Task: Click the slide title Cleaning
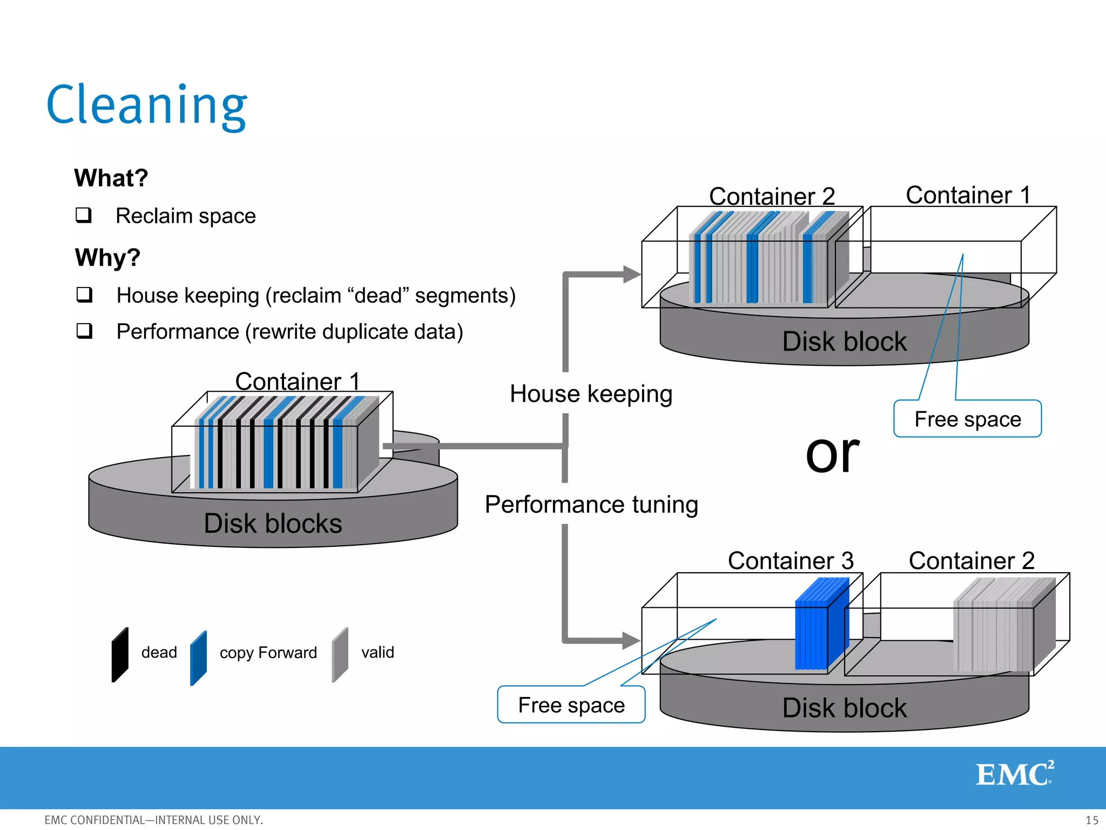point(147,105)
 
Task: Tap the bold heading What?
point(111,178)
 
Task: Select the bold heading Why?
point(108,257)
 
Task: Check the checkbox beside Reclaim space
point(84,215)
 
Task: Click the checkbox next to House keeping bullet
point(84,295)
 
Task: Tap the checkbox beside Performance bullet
point(84,331)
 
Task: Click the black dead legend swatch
point(120,655)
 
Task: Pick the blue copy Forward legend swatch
point(198,658)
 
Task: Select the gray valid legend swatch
point(340,654)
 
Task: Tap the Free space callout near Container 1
point(967,419)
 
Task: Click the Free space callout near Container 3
point(571,705)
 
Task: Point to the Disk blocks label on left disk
point(273,523)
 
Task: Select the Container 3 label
point(790,560)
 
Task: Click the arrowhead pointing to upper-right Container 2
point(631,274)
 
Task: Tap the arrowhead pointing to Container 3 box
point(630,641)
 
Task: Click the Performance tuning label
point(591,504)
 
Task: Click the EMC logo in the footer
point(1014,774)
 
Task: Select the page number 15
point(1091,820)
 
